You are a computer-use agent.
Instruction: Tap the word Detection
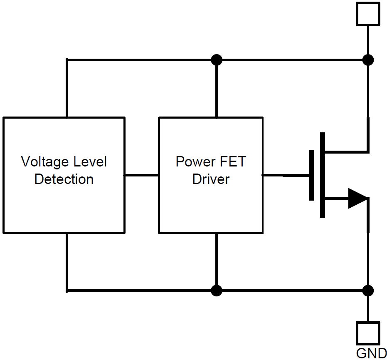point(64,179)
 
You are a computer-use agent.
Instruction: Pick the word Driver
point(211,179)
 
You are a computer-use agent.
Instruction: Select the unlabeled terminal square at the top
point(368,14)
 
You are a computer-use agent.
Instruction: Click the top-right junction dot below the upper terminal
point(368,60)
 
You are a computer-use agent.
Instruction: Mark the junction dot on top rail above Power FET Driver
point(216,60)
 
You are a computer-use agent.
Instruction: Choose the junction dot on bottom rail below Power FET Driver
point(216,290)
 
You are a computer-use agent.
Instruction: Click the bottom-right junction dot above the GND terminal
point(368,290)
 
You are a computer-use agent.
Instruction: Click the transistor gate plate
point(311,175)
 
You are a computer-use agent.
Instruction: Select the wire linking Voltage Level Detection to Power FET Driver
point(141,175)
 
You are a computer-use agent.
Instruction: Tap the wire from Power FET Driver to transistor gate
point(285,175)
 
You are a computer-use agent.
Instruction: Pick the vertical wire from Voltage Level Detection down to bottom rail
point(67,262)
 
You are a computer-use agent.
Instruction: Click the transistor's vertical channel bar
point(323,175)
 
